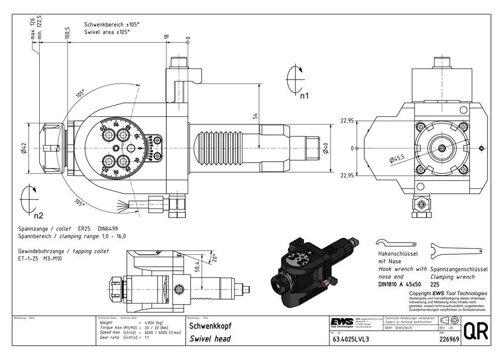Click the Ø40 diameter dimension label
[325, 149]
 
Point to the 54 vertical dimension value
[255, 116]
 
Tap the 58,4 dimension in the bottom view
[197, 266]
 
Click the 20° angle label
[215, 258]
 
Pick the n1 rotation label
[304, 95]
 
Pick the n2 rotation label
[38, 216]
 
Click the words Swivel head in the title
[210, 339]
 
